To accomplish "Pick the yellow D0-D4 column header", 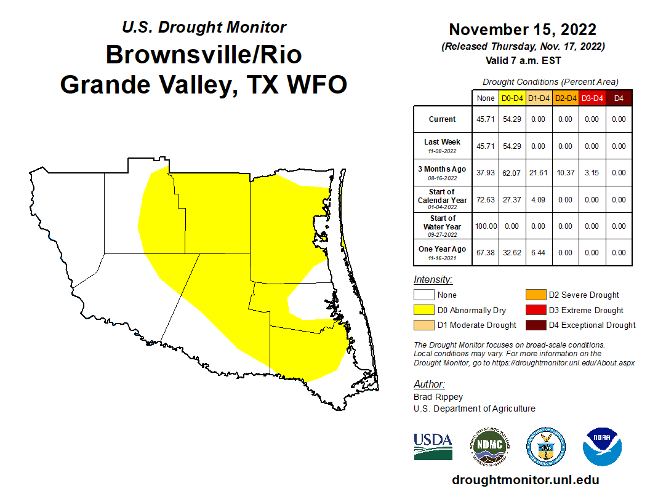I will click(512, 98).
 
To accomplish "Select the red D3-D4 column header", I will click(592, 98).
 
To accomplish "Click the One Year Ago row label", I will click(442, 252).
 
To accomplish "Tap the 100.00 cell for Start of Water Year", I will click(485, 226).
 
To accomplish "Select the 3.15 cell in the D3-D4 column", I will click(592, 173).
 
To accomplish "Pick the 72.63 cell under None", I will click(485, 199).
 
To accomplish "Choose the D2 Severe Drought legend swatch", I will click(535, 295).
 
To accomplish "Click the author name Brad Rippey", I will click(438, 397).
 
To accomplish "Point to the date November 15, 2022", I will click(522, 30).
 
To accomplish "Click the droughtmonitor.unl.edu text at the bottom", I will click(525, 480).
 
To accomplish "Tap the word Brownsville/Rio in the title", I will click(204, 55).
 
